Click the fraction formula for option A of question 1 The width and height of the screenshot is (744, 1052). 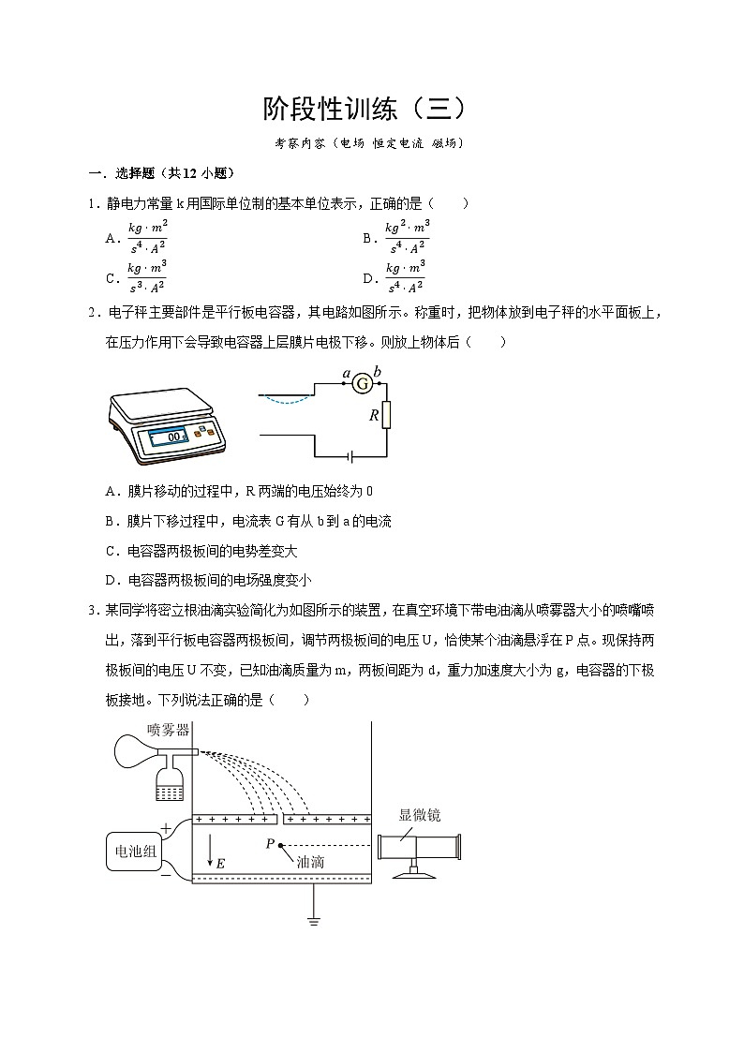click(x=147, y=238)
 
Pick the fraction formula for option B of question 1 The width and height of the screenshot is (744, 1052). click(x=407, y=238)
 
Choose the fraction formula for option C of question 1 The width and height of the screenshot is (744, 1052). click(x=147, y=278)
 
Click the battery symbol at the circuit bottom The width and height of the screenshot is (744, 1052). click(x=350, y=456)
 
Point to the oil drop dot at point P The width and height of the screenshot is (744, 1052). click(x=281, y=845)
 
